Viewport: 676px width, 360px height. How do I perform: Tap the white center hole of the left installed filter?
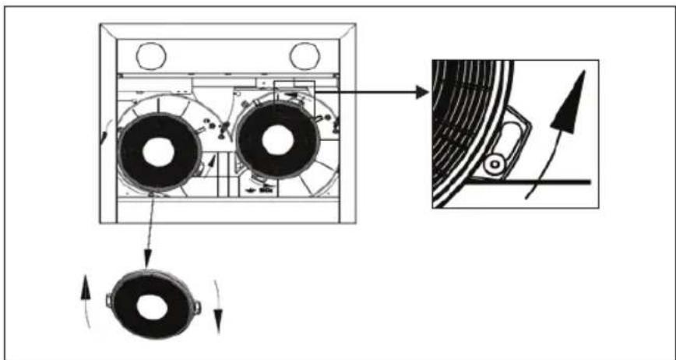click(158, 153)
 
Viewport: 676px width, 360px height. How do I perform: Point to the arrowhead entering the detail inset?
click(423, 93)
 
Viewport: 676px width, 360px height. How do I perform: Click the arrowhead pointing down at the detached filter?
click(146, 261)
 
